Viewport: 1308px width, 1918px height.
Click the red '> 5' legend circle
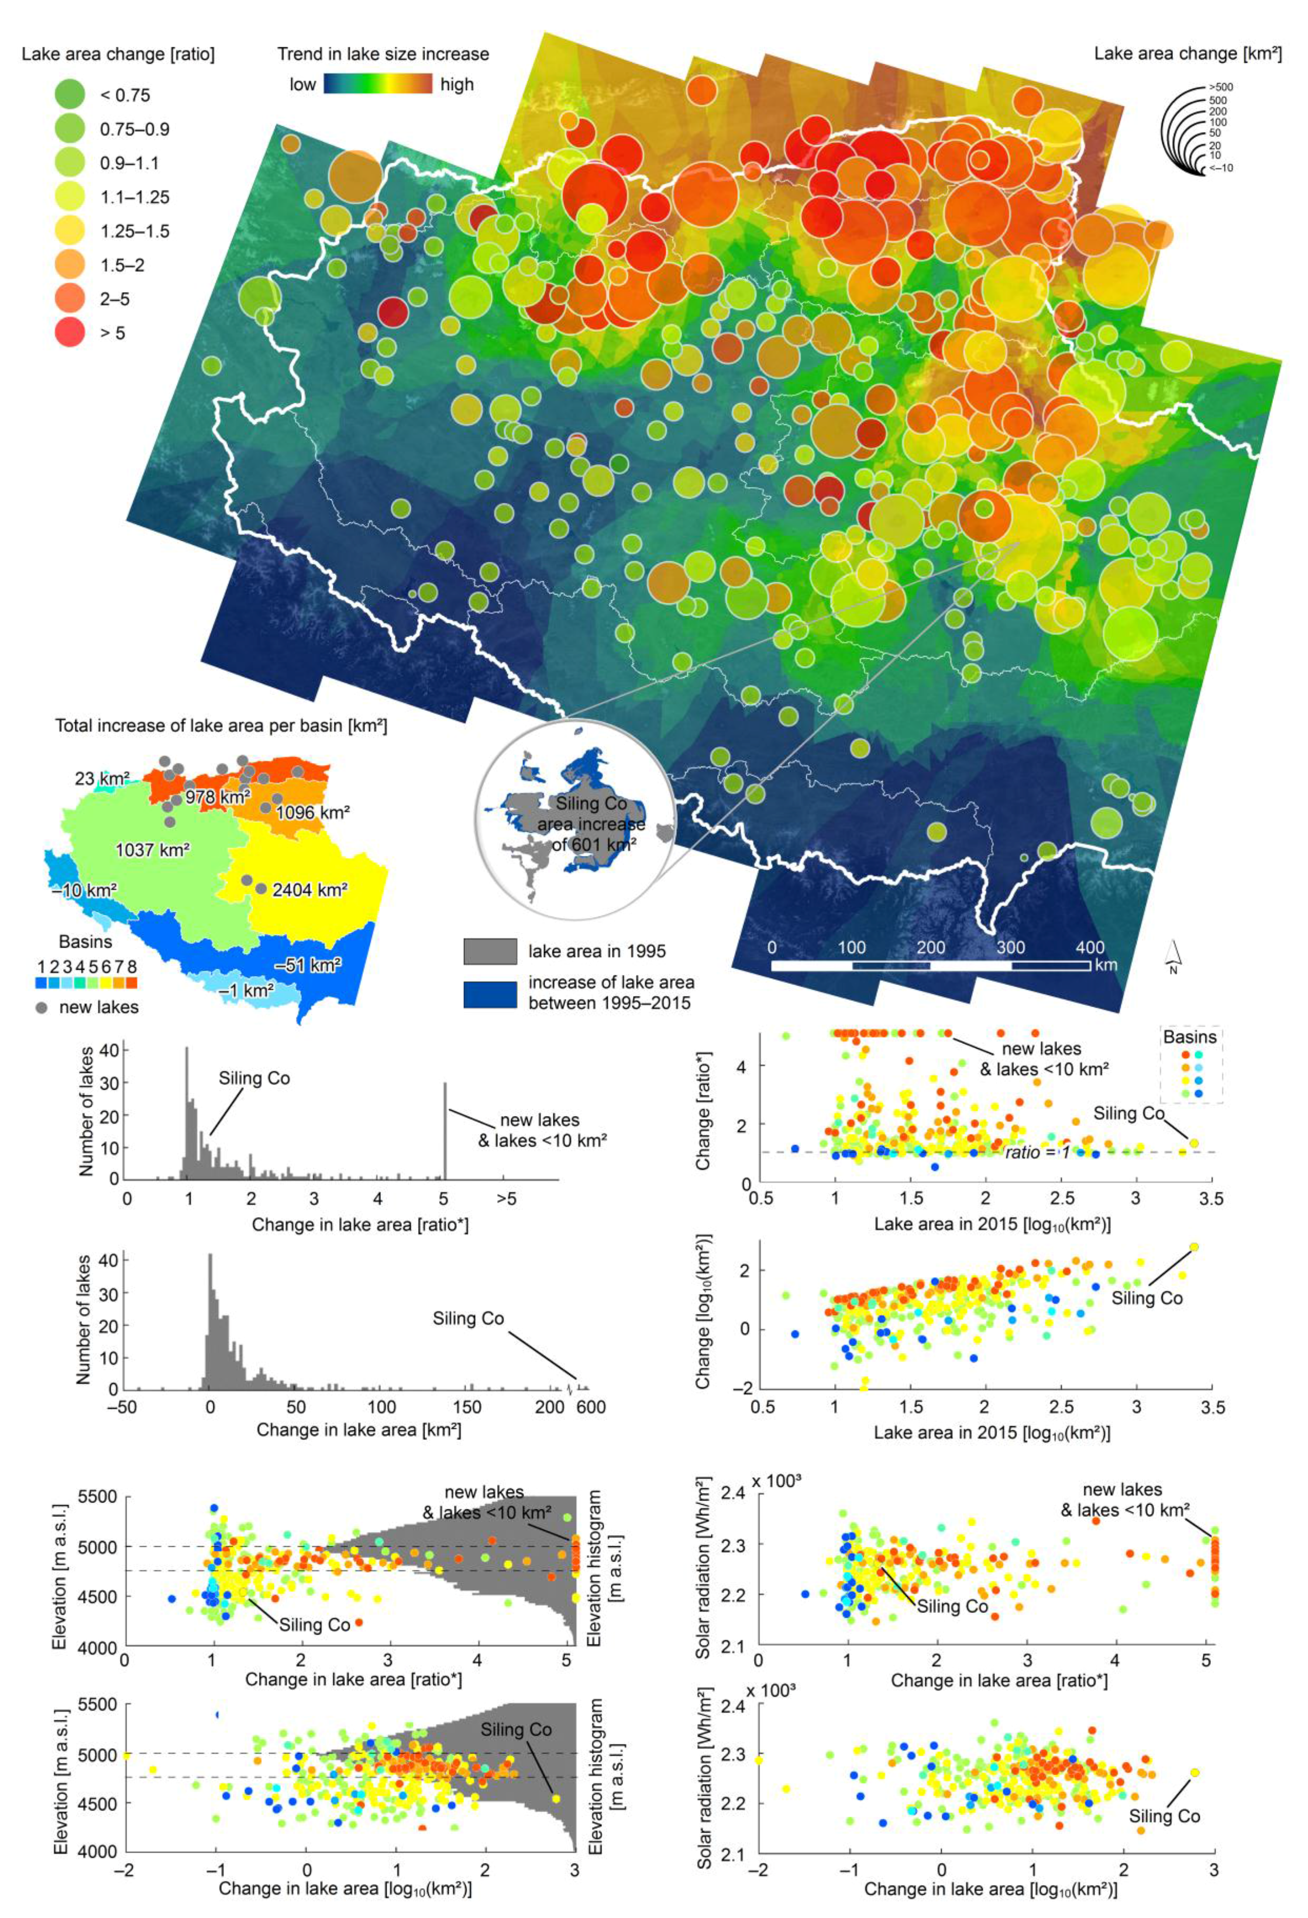[70, 333]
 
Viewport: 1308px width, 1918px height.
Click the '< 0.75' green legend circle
[70, 95]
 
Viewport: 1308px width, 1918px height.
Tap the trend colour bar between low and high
[377, 84]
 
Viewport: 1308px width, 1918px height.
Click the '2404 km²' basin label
[309, 890]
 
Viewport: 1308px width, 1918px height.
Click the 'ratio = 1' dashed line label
[1037, 1152]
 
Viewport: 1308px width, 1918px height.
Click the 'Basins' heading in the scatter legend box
[1189, 1036]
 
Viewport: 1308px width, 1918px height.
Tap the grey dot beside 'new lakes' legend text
[42, 1008]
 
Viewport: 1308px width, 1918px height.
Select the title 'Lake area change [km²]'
[1187, 54]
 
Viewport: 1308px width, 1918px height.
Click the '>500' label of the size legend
[1220, 87]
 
